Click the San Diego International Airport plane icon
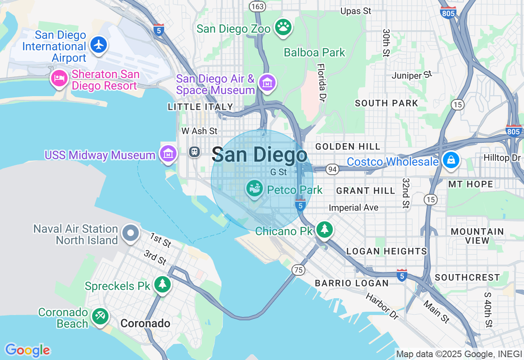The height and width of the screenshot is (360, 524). (99, 45)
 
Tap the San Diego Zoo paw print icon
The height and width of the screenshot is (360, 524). (283, 27)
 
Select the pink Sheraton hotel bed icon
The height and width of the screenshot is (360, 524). (59, 78)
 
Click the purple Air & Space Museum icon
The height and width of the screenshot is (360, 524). (267, 83)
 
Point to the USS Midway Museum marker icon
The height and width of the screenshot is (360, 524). (168, 154)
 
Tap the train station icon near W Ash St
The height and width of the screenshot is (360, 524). (194, 152)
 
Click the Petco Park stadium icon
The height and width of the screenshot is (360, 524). (255, 188)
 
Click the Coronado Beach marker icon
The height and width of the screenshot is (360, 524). (100, 316)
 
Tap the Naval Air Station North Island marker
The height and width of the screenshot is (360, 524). (131, 233)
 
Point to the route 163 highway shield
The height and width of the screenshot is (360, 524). (258, 7)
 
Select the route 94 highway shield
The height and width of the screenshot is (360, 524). (332, 169)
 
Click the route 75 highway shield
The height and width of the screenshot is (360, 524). (299, 270)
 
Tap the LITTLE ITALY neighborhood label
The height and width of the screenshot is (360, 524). (200, 107)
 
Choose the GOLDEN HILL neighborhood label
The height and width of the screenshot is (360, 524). (348, 146)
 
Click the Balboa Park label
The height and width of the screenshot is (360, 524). (314, 52)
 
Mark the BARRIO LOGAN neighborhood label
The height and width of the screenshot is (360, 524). (352, 283)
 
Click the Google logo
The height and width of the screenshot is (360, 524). (27, 350)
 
